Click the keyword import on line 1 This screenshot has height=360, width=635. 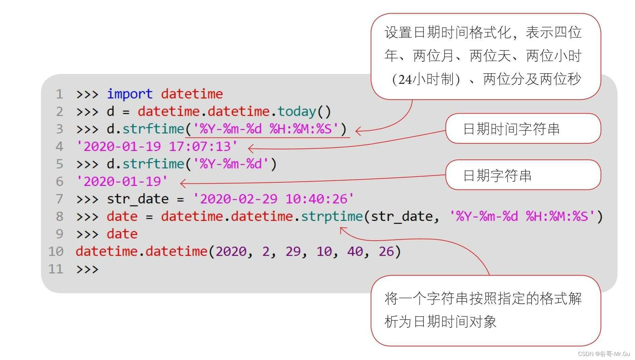pos(130,94)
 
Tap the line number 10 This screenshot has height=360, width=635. pos(56,252)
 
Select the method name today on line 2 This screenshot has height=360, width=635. pos(297,112)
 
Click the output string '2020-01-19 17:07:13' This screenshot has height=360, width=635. pos(157,146)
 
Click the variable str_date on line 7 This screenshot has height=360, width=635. pos(138,199)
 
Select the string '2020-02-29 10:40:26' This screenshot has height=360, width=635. pos(273,199)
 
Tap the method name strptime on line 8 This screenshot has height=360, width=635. pos(332,216)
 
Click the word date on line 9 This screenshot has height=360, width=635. pos(122,234)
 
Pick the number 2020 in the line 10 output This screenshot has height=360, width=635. pos(231,252)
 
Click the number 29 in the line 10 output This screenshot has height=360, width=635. pos(293,252)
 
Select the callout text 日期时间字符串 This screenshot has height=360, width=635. pos(511,129)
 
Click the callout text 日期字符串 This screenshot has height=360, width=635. pos(497,176)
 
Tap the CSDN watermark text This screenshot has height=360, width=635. pos(603,354)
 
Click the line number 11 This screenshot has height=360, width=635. pos(56,269)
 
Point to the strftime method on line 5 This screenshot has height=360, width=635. pos(153,164)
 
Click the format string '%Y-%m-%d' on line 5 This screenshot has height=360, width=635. pos(231,164)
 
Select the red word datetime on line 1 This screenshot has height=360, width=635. pos(192,94)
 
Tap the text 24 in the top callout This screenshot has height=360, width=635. pos(405,80)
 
